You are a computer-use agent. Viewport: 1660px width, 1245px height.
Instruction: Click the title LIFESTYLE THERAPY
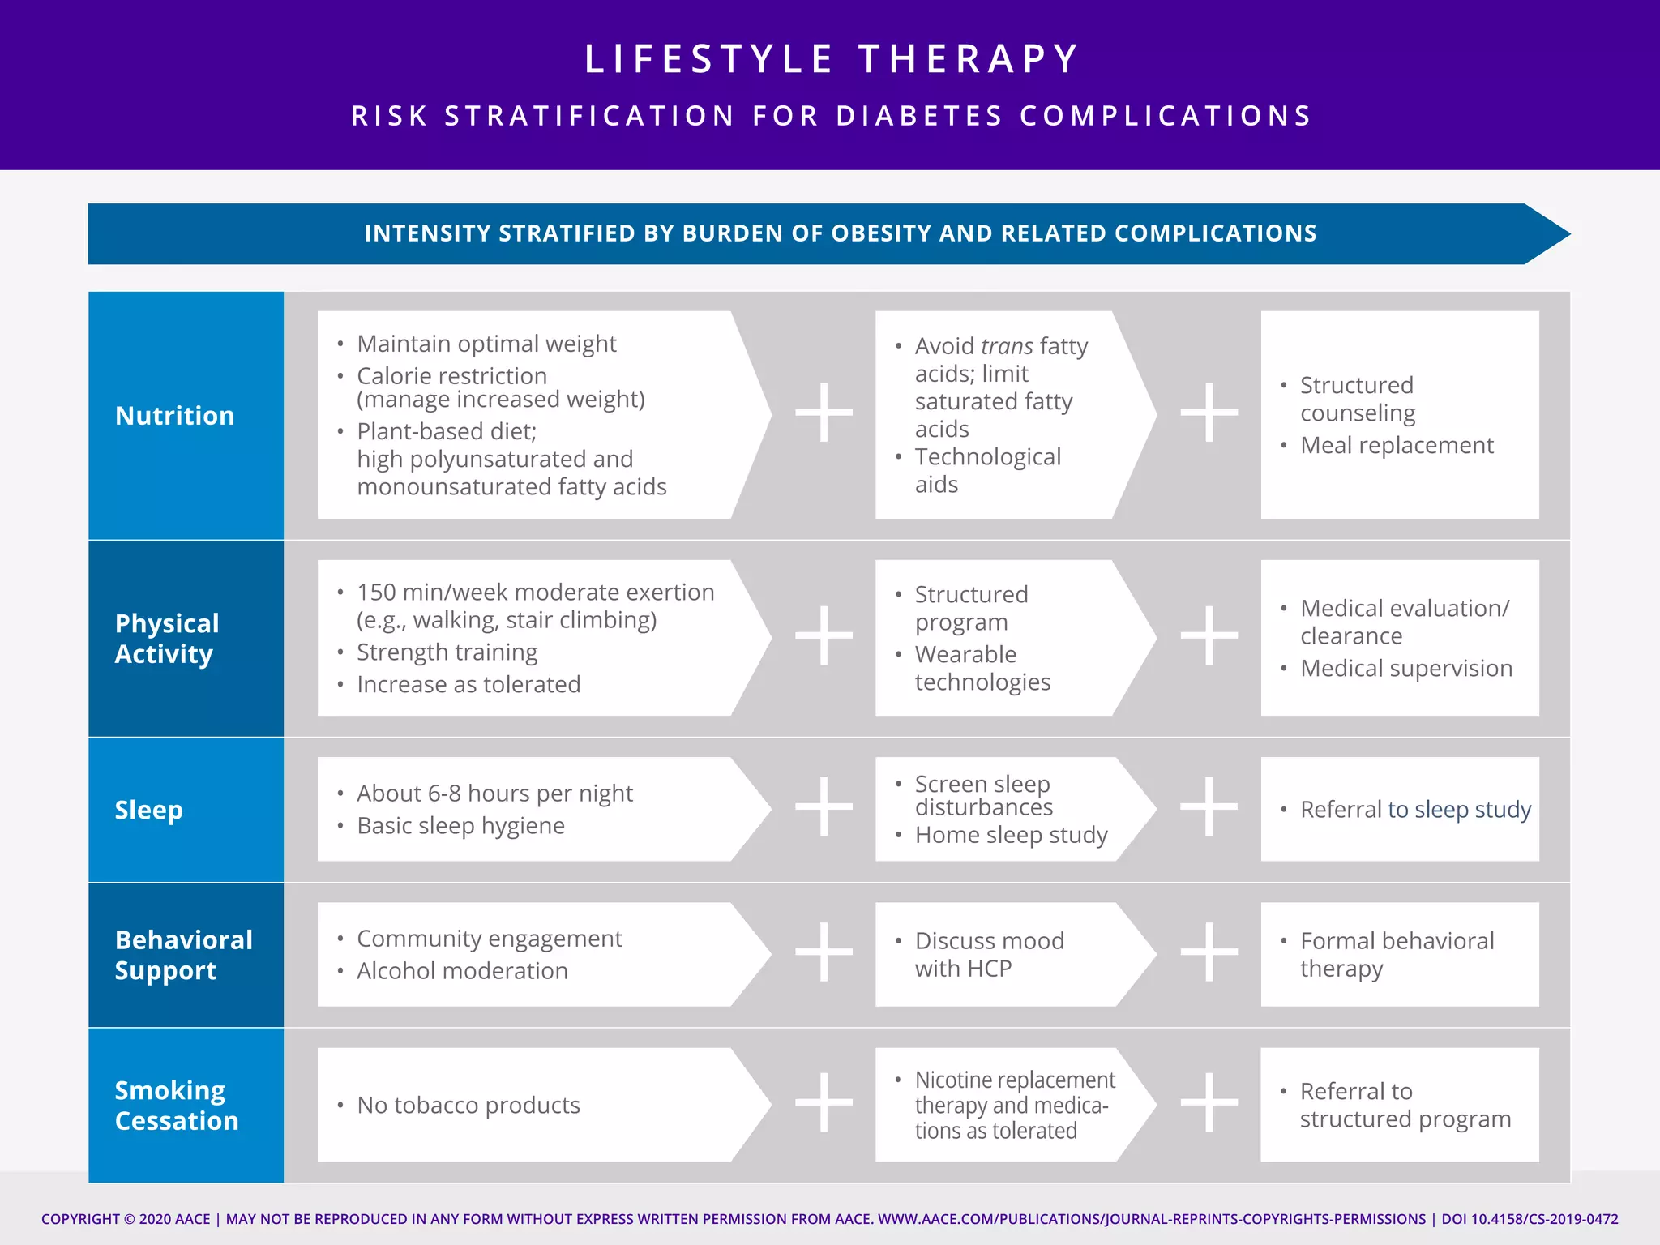point(832,59)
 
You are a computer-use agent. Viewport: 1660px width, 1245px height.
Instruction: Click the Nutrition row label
point(175,416)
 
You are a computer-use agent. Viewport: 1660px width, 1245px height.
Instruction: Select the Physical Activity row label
point(167,639)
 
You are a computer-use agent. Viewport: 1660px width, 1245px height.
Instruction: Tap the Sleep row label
point(149,810)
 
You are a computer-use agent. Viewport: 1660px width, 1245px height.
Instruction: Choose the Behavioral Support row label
point(183,955)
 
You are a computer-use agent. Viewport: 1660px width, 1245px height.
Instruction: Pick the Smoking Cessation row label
point(177,1106)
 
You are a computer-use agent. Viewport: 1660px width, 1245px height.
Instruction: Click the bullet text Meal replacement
point(1396,445)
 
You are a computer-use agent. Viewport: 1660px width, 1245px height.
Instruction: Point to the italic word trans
point(1006,346)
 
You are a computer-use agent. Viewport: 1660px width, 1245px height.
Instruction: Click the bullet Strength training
point(447,652)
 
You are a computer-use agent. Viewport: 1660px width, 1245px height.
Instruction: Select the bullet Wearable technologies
point(982,668)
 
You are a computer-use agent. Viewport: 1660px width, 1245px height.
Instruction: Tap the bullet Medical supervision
point(1405,669)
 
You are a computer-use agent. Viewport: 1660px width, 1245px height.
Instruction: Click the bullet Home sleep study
point(1011,835)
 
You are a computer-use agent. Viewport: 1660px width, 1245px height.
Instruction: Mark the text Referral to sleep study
point(1415,810)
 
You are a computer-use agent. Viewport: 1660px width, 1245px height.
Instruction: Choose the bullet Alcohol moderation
point(462,971)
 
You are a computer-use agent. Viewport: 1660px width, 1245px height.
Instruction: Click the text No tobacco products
point(468,1106)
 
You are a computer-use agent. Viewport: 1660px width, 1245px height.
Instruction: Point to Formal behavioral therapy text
point(1396,955)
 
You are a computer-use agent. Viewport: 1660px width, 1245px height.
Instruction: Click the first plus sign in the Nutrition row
point(824,413)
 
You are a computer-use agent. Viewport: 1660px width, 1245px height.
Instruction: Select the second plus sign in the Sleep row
point(1209,806)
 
